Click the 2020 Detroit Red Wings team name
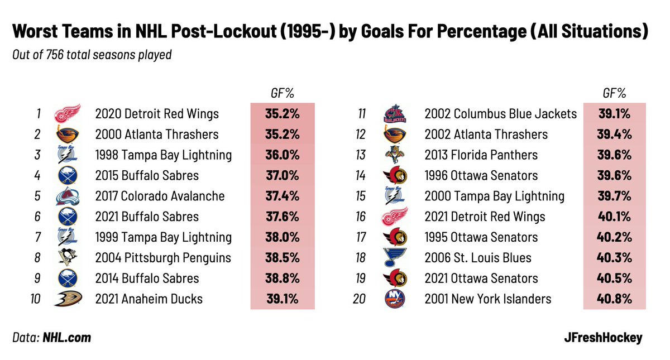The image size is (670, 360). [x=157, y=114]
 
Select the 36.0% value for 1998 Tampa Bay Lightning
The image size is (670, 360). [x=282, y=155]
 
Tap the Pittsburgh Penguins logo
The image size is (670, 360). [x=67, y=257]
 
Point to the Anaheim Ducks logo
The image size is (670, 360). [x=67, y=299]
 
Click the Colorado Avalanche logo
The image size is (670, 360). [x=67, y=196]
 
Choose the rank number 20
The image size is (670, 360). [x=359, y=299]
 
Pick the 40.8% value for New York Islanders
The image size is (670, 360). [x=614, y=299]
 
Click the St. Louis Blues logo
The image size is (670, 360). [x=395, y=257]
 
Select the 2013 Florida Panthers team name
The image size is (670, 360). [x=481, y=155]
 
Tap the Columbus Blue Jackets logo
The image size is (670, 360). [x=395, y=114]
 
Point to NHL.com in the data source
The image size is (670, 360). [x=66, y=338]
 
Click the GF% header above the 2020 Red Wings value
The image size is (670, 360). [x=282, y=93]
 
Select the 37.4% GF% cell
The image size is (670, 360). [x=282, y=196]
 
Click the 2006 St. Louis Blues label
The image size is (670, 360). [x=477, y=257]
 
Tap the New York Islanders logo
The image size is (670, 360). [x=395, y=299]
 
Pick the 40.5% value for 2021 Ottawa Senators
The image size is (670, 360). [x=614, y=278]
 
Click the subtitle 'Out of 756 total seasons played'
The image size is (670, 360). [x=92, y=55]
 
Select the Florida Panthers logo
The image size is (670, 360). [x=395, y=155]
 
